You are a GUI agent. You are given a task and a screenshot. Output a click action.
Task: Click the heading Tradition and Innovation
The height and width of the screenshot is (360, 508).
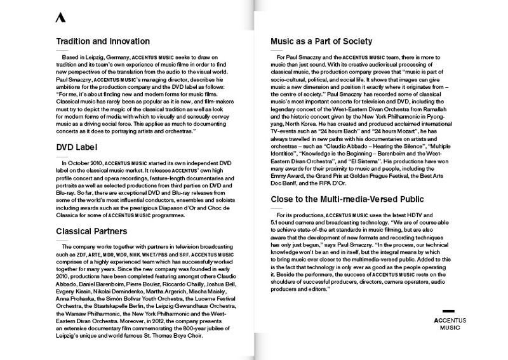click(104, 43)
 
